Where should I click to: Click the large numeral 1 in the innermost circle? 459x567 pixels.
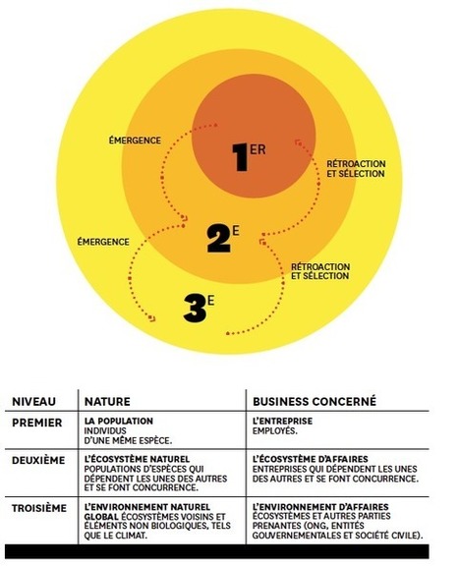(x=240, y=156)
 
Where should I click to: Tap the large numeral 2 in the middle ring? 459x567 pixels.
(x=219, y=239)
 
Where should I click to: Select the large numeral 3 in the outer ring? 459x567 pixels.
(x=195, y=309)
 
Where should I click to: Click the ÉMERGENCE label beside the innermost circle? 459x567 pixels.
(x=135, y=140)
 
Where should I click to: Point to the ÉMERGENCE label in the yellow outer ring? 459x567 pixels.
(x=103, y=241)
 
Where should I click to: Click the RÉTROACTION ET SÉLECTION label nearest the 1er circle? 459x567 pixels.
(x=356, y=169)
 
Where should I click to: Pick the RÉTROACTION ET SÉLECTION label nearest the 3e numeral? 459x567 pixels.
(x=320, y=271)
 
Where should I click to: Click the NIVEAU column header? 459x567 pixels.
(x=34, y=401)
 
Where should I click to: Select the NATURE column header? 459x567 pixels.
(x=107, y=401)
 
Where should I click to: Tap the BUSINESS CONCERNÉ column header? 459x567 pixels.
(x=315, y=401)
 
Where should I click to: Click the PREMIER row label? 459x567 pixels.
(x=37, y=423)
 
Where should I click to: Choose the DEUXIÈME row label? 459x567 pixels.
(x=38, y=460)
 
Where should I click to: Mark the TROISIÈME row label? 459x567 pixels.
(x=39, y=508)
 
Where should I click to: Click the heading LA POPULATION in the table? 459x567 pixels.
(x=119, y=421)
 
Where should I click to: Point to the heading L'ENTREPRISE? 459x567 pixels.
(x=282, y=421)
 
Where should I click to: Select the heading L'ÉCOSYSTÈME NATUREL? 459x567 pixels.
(x=137, y=459)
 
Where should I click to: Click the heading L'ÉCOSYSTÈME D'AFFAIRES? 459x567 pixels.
(x=310, y=459)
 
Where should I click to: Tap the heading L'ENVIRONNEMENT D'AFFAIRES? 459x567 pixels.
(x=320, y=507)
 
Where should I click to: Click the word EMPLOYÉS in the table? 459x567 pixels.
(x=274, y=430)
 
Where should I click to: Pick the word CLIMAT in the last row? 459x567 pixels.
(x=132, y=536)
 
